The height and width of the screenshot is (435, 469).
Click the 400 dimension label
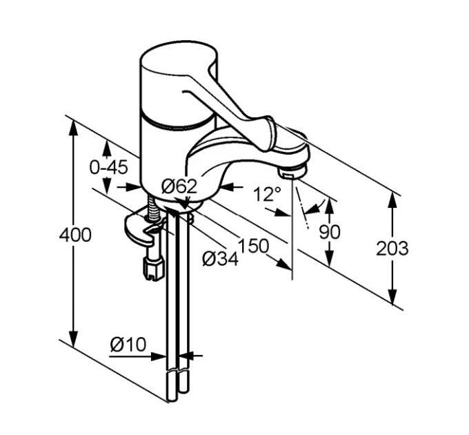point(75,235)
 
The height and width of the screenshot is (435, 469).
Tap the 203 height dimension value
point(392,248)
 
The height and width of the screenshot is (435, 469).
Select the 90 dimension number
point(329,232)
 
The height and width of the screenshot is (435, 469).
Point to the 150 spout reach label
point(253,246)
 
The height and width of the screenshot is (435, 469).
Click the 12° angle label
point(267,194)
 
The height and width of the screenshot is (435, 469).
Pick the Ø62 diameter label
point(179,186)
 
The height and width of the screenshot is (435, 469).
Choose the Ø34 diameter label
point(220,259)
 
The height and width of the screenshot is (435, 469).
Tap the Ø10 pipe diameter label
point(128,345)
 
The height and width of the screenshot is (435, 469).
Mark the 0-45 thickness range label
point(109,167)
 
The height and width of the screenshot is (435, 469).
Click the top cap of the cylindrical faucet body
point(179,59)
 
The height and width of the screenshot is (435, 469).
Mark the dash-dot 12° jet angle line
point(302,207)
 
